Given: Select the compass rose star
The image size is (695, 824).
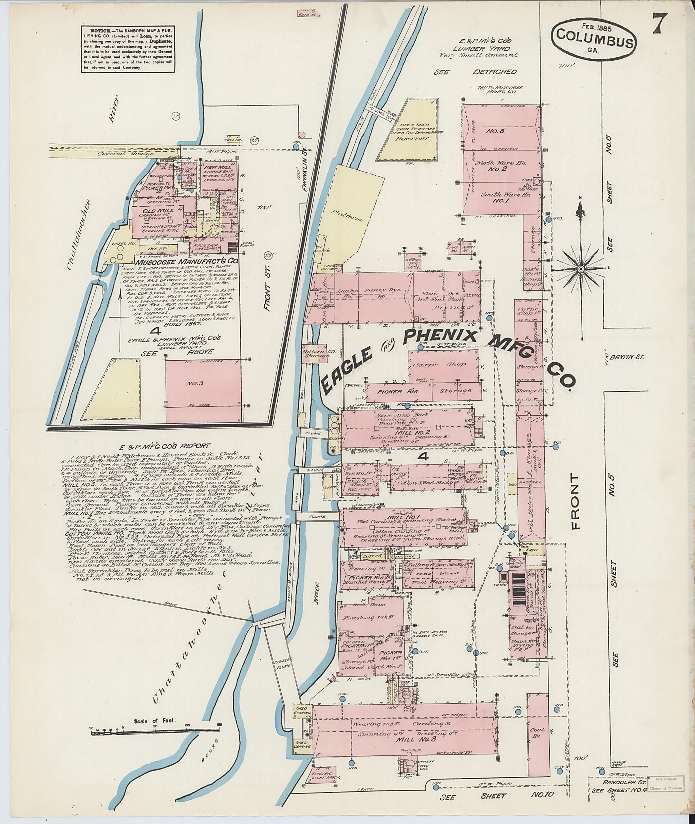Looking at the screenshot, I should (580, 269).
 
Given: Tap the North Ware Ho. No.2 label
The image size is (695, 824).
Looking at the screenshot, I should (499, 166).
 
